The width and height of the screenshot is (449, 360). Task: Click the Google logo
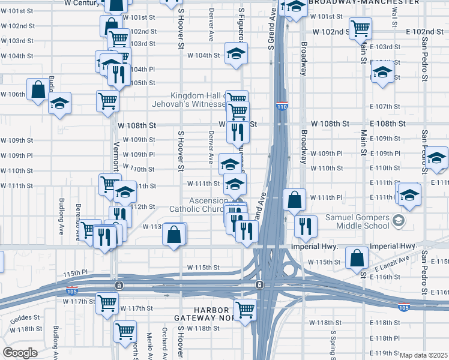(20, 353)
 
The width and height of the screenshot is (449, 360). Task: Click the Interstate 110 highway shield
(282, 107)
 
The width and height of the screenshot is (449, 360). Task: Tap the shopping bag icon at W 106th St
(38, 90)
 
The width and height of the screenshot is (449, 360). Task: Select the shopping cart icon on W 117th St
(107, 303)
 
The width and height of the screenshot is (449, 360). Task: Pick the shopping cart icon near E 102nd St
(360, 28)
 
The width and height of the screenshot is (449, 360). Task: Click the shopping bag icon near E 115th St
(357, 258)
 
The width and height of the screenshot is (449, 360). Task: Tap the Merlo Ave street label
(149, 345)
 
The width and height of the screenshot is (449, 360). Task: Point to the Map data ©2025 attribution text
(424, 355)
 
